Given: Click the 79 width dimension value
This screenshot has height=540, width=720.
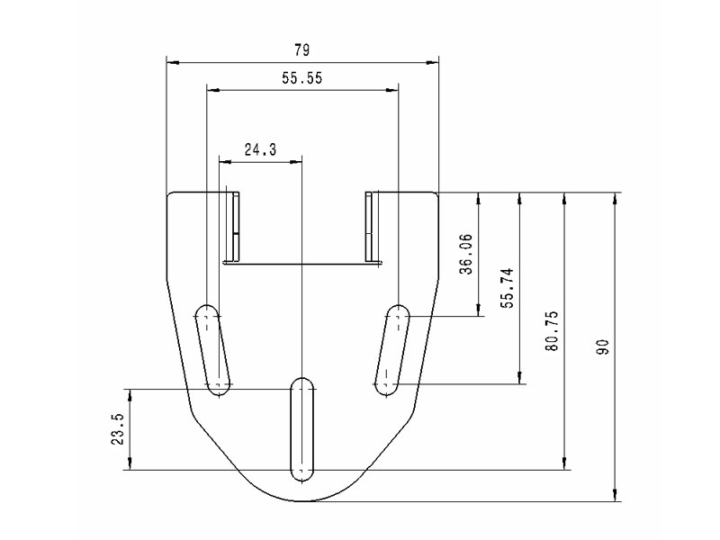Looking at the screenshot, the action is pos(301,50).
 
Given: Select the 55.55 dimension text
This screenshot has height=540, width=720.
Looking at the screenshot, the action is pos(302,78).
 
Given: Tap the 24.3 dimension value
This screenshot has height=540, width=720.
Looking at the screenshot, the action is pos(260,149).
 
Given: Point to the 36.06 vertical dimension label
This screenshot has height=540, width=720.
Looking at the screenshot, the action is pos(466,254).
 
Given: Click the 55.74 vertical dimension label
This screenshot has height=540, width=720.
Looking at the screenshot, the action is pos(508,288).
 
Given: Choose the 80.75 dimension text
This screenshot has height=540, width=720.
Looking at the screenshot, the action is pos(552,331).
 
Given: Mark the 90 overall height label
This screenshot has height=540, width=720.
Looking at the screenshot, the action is pos(602,346).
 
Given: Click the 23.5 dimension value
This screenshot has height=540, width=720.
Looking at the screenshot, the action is pos(118,429).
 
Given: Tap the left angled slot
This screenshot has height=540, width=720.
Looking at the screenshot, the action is pos(212,350).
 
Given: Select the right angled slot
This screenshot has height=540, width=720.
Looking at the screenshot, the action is pos(392,350).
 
